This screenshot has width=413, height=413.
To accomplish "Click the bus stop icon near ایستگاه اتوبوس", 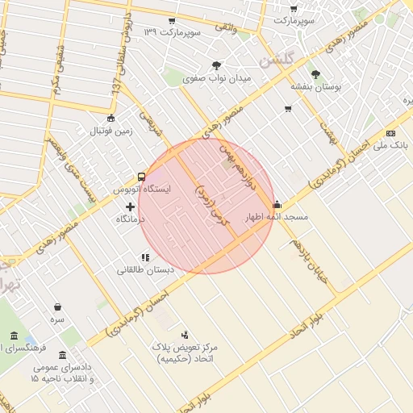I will (142, 177).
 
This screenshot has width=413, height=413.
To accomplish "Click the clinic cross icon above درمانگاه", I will (130, 206).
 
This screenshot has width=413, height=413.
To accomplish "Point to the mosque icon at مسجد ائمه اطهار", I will (277, 204).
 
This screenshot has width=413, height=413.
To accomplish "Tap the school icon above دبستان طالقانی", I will (145, 257).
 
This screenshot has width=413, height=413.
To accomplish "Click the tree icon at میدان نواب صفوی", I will (217, 65).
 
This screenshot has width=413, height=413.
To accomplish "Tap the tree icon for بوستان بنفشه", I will (315, 73).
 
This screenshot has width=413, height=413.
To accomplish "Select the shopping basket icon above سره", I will (58, 307).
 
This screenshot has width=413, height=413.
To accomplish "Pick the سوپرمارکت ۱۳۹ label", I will (172, 32).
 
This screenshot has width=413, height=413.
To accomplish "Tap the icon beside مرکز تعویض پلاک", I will (185, 334).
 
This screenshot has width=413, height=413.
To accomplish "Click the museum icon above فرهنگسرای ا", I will (14, 336).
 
